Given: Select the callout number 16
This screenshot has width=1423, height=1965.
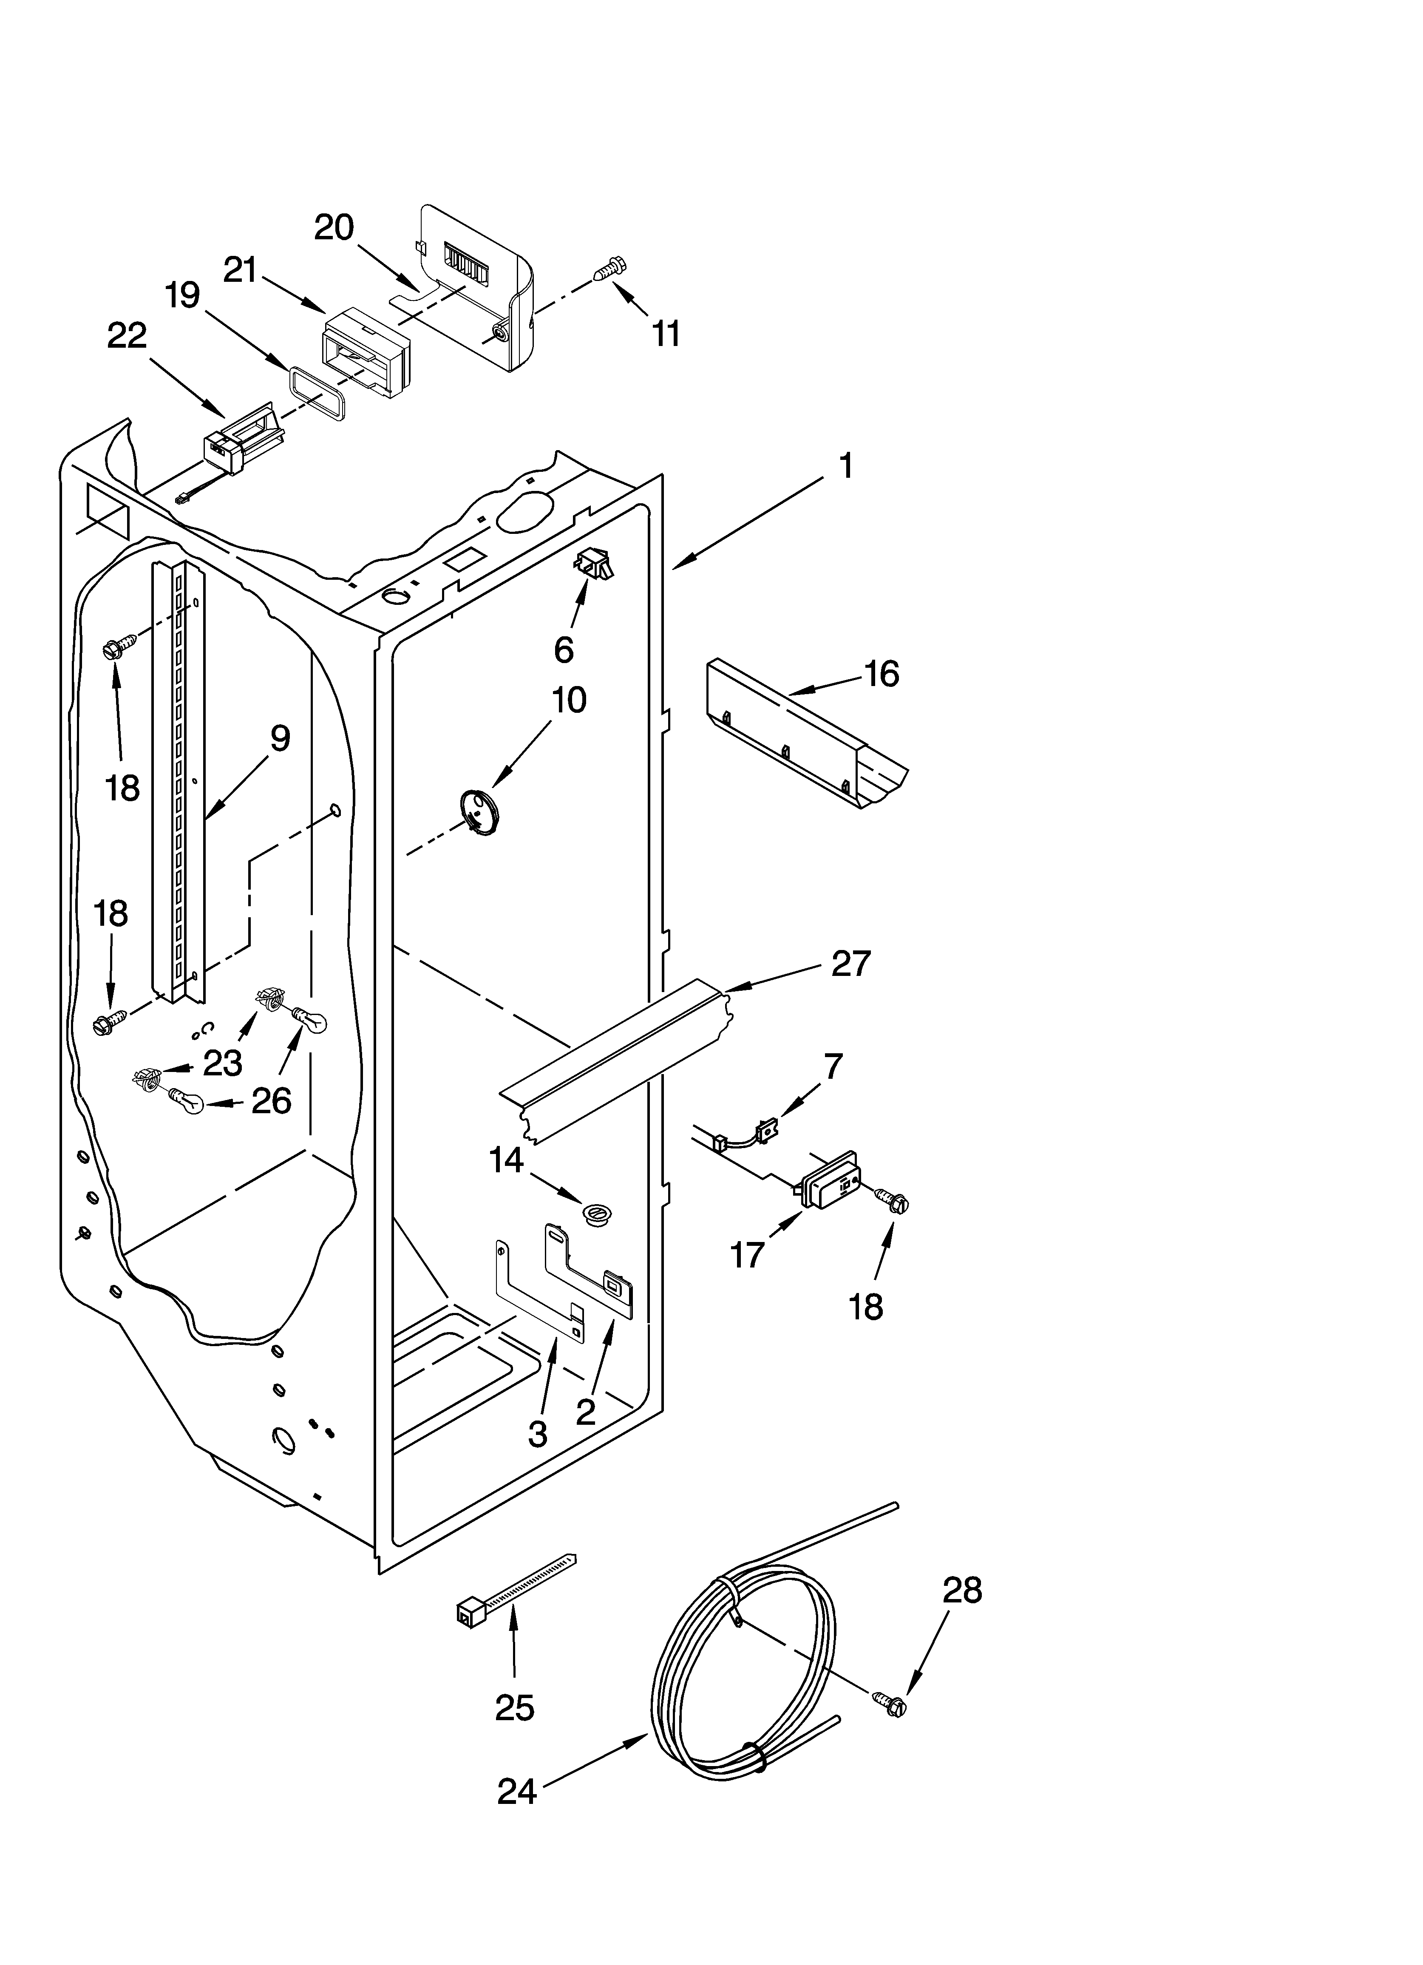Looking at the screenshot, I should pos(882,673).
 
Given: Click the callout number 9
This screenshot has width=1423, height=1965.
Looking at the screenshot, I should pos(279,738).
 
